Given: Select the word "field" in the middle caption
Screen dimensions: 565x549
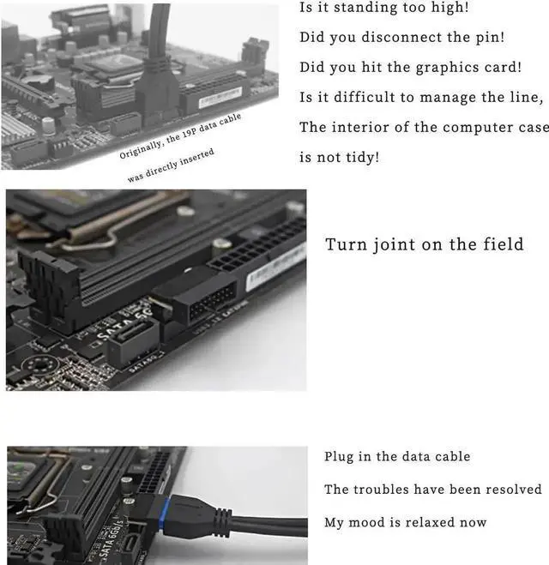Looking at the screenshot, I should click(x=501, y=244).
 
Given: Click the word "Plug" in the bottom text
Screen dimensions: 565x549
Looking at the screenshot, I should click(x=339, y=457).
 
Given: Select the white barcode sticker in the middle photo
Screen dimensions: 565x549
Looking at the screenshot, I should click(x=274, y=270).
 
